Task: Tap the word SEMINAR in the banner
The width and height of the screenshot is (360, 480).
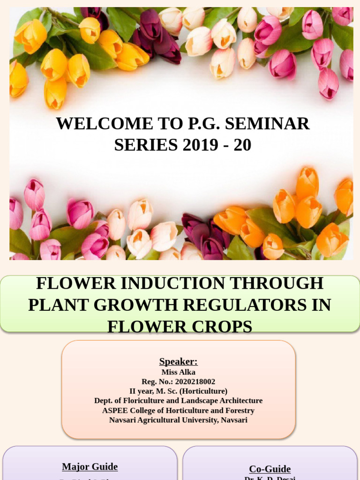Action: click(x=267, y=124)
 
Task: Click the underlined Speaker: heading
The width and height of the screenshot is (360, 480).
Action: click(x=178, y=361)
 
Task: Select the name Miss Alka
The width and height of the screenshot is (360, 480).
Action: click(x=178, y=372)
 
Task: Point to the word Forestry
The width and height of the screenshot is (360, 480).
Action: click(x=239, y=411)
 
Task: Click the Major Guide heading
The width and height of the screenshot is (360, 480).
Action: click(x=90, y=467)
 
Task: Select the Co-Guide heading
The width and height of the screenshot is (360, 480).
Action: click(x=270, y=469)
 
